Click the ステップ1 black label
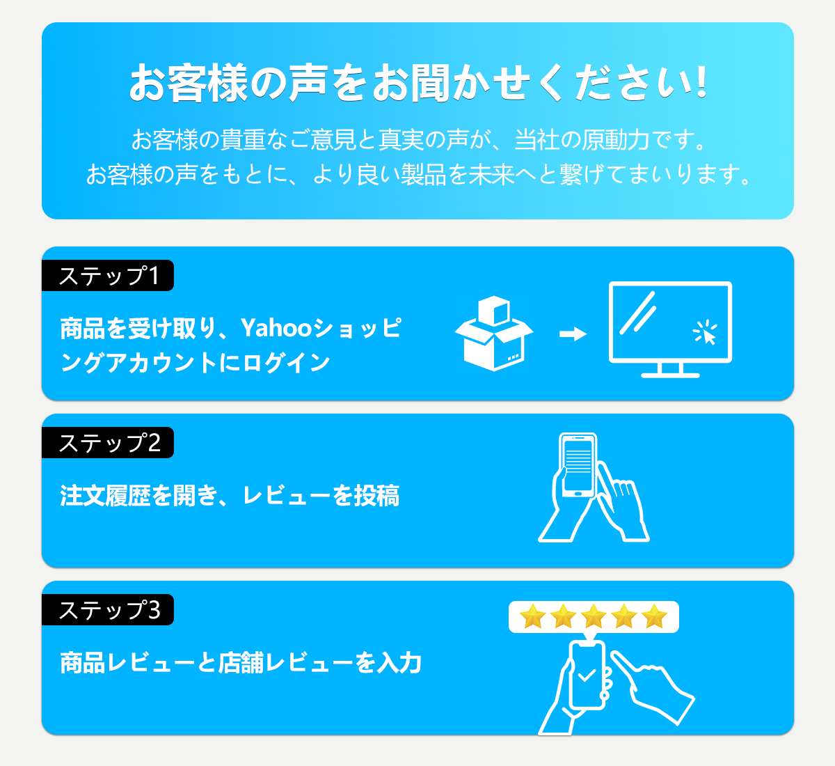click(x=108, y=276)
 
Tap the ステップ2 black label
click(x=108, y=443)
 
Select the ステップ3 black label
click(x=108, y=610)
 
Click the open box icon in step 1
click(x=493, y=334)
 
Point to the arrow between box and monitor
click(x=573, y=334)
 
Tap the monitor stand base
click(x=670, y=375)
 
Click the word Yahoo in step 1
click(x=276, y=328)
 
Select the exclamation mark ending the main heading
click(x=702, y=81)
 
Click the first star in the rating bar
click(x=533, y=616)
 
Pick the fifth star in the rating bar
click(x=655, y=616)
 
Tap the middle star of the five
click(x=594, y=616)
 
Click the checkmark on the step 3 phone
click(x=587, y=674)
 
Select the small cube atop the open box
click(x=494, y=311)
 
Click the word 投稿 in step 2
click(x=376, y=496)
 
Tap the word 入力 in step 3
click(x=399, y=663)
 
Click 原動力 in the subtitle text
click(x=615, y=139)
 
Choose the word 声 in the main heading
click(x=308, y=82)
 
